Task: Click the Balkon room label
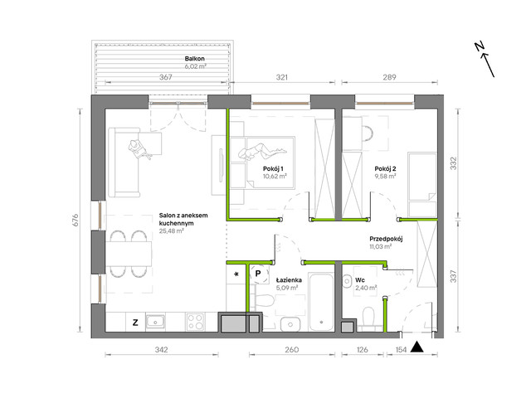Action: click(x=195, y=59)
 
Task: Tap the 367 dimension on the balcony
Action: click(x=166, y=77)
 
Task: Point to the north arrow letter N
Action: click(x=479, y=46)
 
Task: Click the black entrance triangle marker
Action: click(x=417, y=347)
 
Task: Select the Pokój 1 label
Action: click(x=273, y=168)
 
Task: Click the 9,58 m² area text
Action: click(x=385, y=177)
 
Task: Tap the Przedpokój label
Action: click(x=386, y=239)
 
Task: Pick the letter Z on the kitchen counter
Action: click(x=135, y=323)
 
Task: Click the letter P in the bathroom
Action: click(x=258, y=273)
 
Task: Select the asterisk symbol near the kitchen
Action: click(x=236, y=274)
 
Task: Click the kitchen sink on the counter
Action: click(x=155, y=322)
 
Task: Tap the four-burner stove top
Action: click(x=196, y=322)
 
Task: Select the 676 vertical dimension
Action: click(x=76, y=221)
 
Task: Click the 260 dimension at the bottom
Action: click(x=291, y=349)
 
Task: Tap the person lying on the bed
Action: click(x=262, y=151)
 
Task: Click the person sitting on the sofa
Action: click(x=139, y=149)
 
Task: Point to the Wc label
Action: click(x=360, y=280)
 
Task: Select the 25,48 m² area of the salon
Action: click(x=172, y=231)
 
